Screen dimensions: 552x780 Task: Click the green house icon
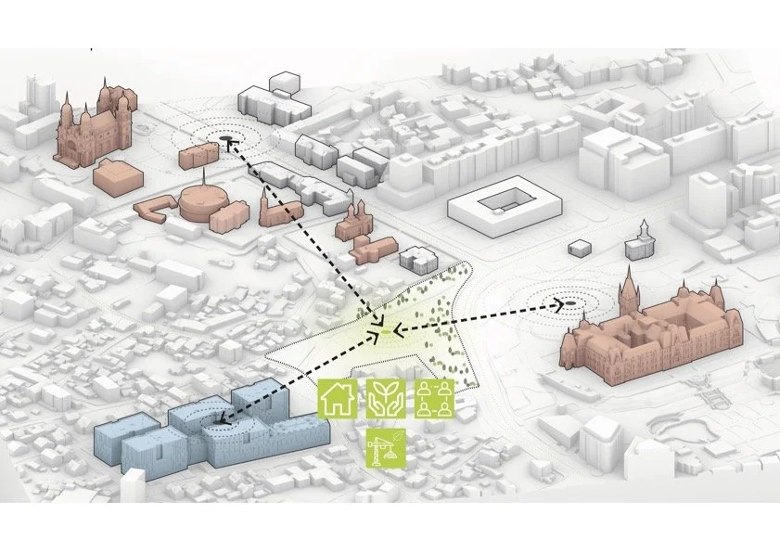point(338,397)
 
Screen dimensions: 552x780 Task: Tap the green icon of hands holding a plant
point(383,397)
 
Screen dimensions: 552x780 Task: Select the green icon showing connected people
point(431,397)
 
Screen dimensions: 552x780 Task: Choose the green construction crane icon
point(384,445)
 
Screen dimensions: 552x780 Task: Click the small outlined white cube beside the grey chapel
point(580,248)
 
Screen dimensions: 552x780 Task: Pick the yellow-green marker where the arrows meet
point(384,330)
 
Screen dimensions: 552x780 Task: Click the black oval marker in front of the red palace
point(571,303)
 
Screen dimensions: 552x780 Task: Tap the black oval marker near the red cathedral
point(227,142)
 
